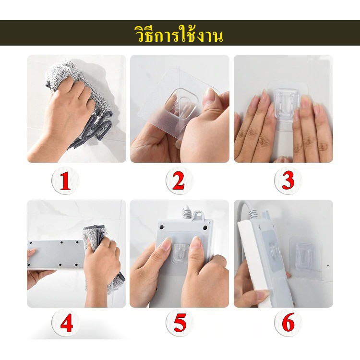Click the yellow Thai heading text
click(x=179, y=35)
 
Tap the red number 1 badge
click(x=65, y=180)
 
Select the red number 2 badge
click(x=179, y=180)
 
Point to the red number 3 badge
click(x=288, y=180)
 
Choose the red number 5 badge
click(x=180, y=323)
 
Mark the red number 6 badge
click(x=288, y=323)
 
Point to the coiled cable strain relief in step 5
click(x=187, y=213)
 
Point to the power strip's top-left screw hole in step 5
click(x=161, y=227)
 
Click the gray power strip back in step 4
click(x=56, y=254)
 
